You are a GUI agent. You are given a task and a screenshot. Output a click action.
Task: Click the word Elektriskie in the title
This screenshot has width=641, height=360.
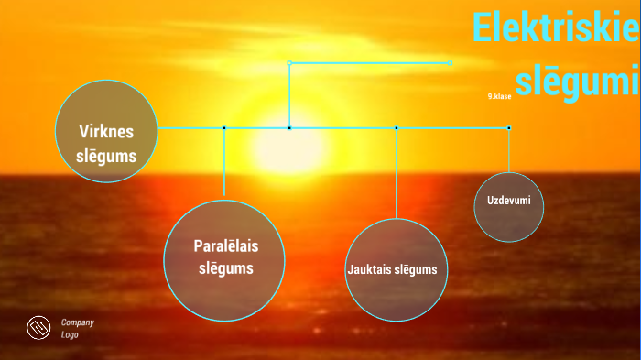pyautogui.click(x=555, y=28)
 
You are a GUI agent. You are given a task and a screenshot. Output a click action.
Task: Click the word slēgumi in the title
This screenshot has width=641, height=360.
pyautogui.click(x=575, y=81)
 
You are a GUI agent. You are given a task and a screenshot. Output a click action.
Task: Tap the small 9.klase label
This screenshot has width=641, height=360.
pyautogui.click(x=499, y=96)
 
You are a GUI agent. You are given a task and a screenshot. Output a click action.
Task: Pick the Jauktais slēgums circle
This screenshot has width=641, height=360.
pyautogui.click(x=397, y=270)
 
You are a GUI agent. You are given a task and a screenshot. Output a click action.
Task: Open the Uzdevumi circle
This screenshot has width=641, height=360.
pyautogui.click(x=509, y=207)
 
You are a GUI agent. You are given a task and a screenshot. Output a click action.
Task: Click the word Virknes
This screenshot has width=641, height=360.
pyautogui.click(x=107, y=131)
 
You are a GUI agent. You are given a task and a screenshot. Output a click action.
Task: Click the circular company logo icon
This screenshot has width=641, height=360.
pyautogui.click(x=38, y=327)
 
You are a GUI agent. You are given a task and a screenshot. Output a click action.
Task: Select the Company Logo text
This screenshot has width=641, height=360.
pyautogui.click(x=77, y=328)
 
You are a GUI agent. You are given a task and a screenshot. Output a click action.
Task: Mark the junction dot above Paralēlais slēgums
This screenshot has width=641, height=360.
pyautogui.click(x=224, y=128)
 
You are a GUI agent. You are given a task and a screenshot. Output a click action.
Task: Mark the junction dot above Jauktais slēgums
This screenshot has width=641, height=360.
pyautogui.click(x=397, y=128)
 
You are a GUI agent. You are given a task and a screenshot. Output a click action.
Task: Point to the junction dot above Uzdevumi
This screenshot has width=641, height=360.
pyautogui.click(x=509, y=128)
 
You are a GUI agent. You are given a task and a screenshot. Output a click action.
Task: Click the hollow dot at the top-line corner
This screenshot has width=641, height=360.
pyautogui.click(x=289, y=63)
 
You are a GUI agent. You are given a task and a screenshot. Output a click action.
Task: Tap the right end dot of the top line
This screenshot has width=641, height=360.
pyautogui.click(x=451, y=63)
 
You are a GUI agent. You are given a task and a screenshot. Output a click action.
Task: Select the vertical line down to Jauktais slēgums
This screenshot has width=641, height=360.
pyautogui.click(x=397, y=174)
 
